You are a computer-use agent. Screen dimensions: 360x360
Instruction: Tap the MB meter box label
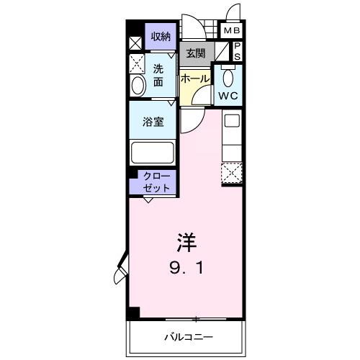tap(232, 32)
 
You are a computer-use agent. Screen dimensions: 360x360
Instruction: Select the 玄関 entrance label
tap(195, 53)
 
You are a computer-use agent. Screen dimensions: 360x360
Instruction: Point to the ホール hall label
tap(194, 78)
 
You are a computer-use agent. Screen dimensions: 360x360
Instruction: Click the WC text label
tap(230, 95)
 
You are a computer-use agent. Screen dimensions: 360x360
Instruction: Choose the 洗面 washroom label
tap(159, 75)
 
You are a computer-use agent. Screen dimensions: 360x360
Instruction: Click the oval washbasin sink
tap(138, 85)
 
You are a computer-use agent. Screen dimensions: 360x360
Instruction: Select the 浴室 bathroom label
tap(153, 122)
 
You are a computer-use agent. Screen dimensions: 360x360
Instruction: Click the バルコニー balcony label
tap(188, 336)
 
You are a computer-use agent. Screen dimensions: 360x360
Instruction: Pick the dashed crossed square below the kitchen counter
tap(232, 174)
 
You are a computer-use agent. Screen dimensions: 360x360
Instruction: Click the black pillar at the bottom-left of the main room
tap(132, 313)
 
